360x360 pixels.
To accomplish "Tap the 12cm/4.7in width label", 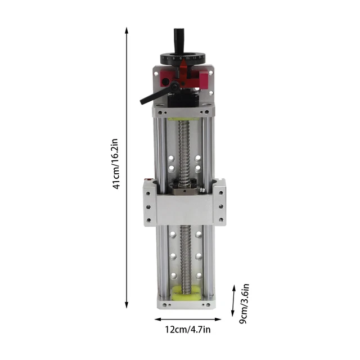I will [188, 330].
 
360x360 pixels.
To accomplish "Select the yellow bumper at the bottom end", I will [183, 293].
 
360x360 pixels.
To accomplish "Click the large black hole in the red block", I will [165, 82].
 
